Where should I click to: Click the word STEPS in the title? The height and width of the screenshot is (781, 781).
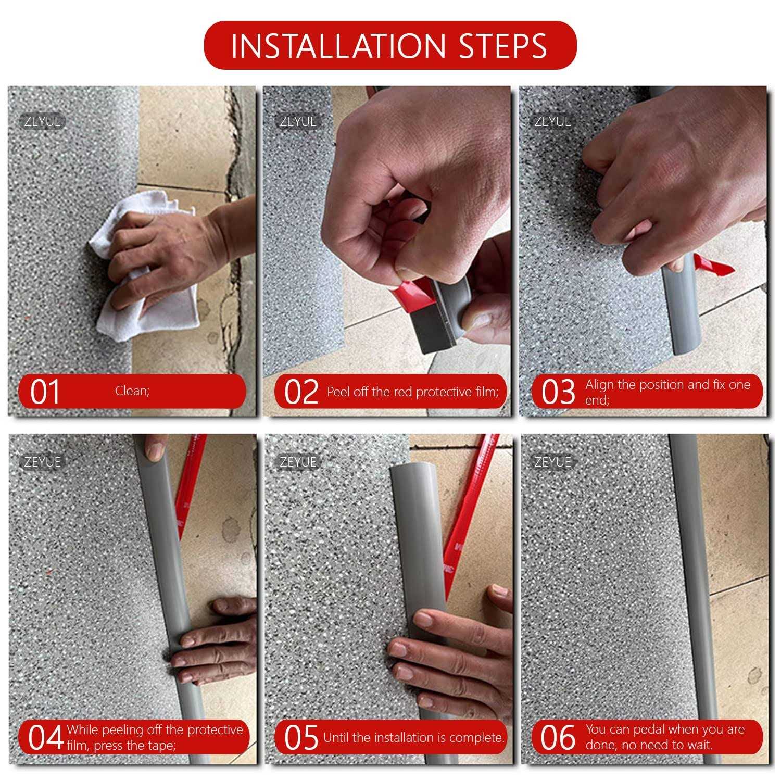click(x=502, y=46)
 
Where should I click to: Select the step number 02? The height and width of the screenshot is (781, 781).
click(x=301, y=392)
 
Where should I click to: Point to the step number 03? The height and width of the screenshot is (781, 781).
click(x=558, y=392)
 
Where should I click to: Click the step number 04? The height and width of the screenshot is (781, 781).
click(x=46, y=738)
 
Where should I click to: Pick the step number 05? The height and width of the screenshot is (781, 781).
click(x=301, y=738)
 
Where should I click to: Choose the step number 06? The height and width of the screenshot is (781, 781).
click(x=558, y=738)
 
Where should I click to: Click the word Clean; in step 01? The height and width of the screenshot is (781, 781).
click(x=132, y=391)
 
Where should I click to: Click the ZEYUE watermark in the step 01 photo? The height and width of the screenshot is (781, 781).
click(x=43, y=122)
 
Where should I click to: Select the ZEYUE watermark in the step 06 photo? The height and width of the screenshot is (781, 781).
click(x=553, y=462)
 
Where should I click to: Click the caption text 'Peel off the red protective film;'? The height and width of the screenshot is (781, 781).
click(x=412, y=392)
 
